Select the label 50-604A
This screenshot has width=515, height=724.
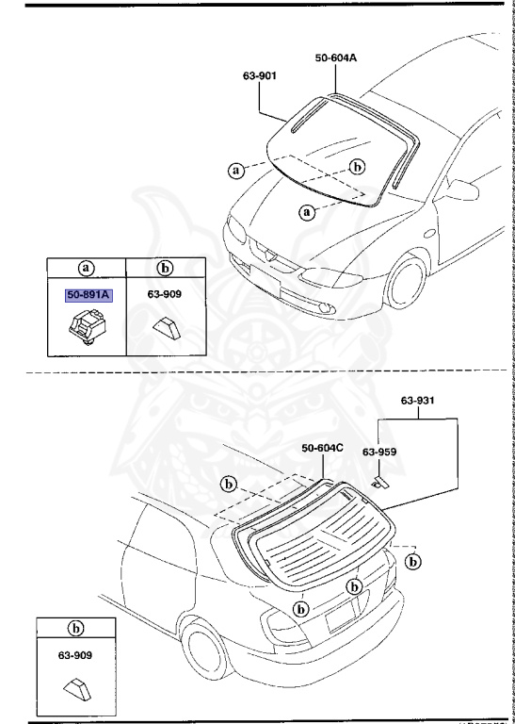click(x=335, y=58)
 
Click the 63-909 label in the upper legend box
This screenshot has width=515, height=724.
click(x=166, y=294)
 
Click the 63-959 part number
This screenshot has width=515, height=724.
click(x=380, y=452)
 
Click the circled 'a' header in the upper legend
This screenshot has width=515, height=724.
click(x=89, y=267)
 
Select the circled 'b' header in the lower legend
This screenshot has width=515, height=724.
click(x=72, y=626)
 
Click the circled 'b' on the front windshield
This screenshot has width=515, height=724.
click(x=357, y=167)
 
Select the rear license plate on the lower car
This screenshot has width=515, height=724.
click(x=339, y=618)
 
